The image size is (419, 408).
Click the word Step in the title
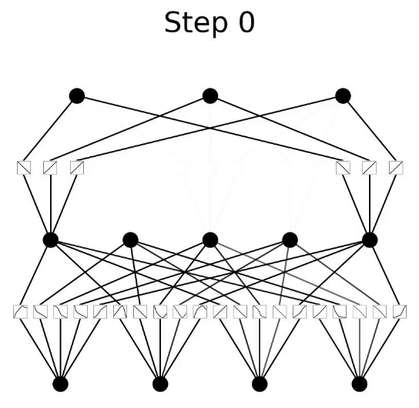click(196, 24)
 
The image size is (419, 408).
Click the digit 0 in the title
click(246, 22)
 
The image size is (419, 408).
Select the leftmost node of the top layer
click(77, 96)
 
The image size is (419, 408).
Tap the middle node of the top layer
click(210, 96)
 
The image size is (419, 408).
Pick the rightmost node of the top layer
click(343, 96)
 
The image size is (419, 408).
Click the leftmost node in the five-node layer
click(51, 239)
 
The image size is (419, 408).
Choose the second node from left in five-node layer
click(130, 239)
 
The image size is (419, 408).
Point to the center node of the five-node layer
click(210, 239)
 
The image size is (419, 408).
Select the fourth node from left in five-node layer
click(290, 239)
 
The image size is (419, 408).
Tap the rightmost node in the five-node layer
click(370, 239)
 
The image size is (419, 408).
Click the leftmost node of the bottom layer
click(61, 384)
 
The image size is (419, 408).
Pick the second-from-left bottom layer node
click(160, 384)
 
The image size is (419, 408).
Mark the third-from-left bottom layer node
click(260, 384)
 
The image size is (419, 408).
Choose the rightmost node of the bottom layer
click(360, 384)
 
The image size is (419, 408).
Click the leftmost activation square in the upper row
click(24, 168)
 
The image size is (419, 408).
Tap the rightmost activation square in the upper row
click(396, 168)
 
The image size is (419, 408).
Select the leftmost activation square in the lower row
click(20, 312)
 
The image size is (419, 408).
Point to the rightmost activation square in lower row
click(400, 312)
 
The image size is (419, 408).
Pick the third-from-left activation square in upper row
click(77, 168)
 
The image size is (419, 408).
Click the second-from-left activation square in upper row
click(50, 168)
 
